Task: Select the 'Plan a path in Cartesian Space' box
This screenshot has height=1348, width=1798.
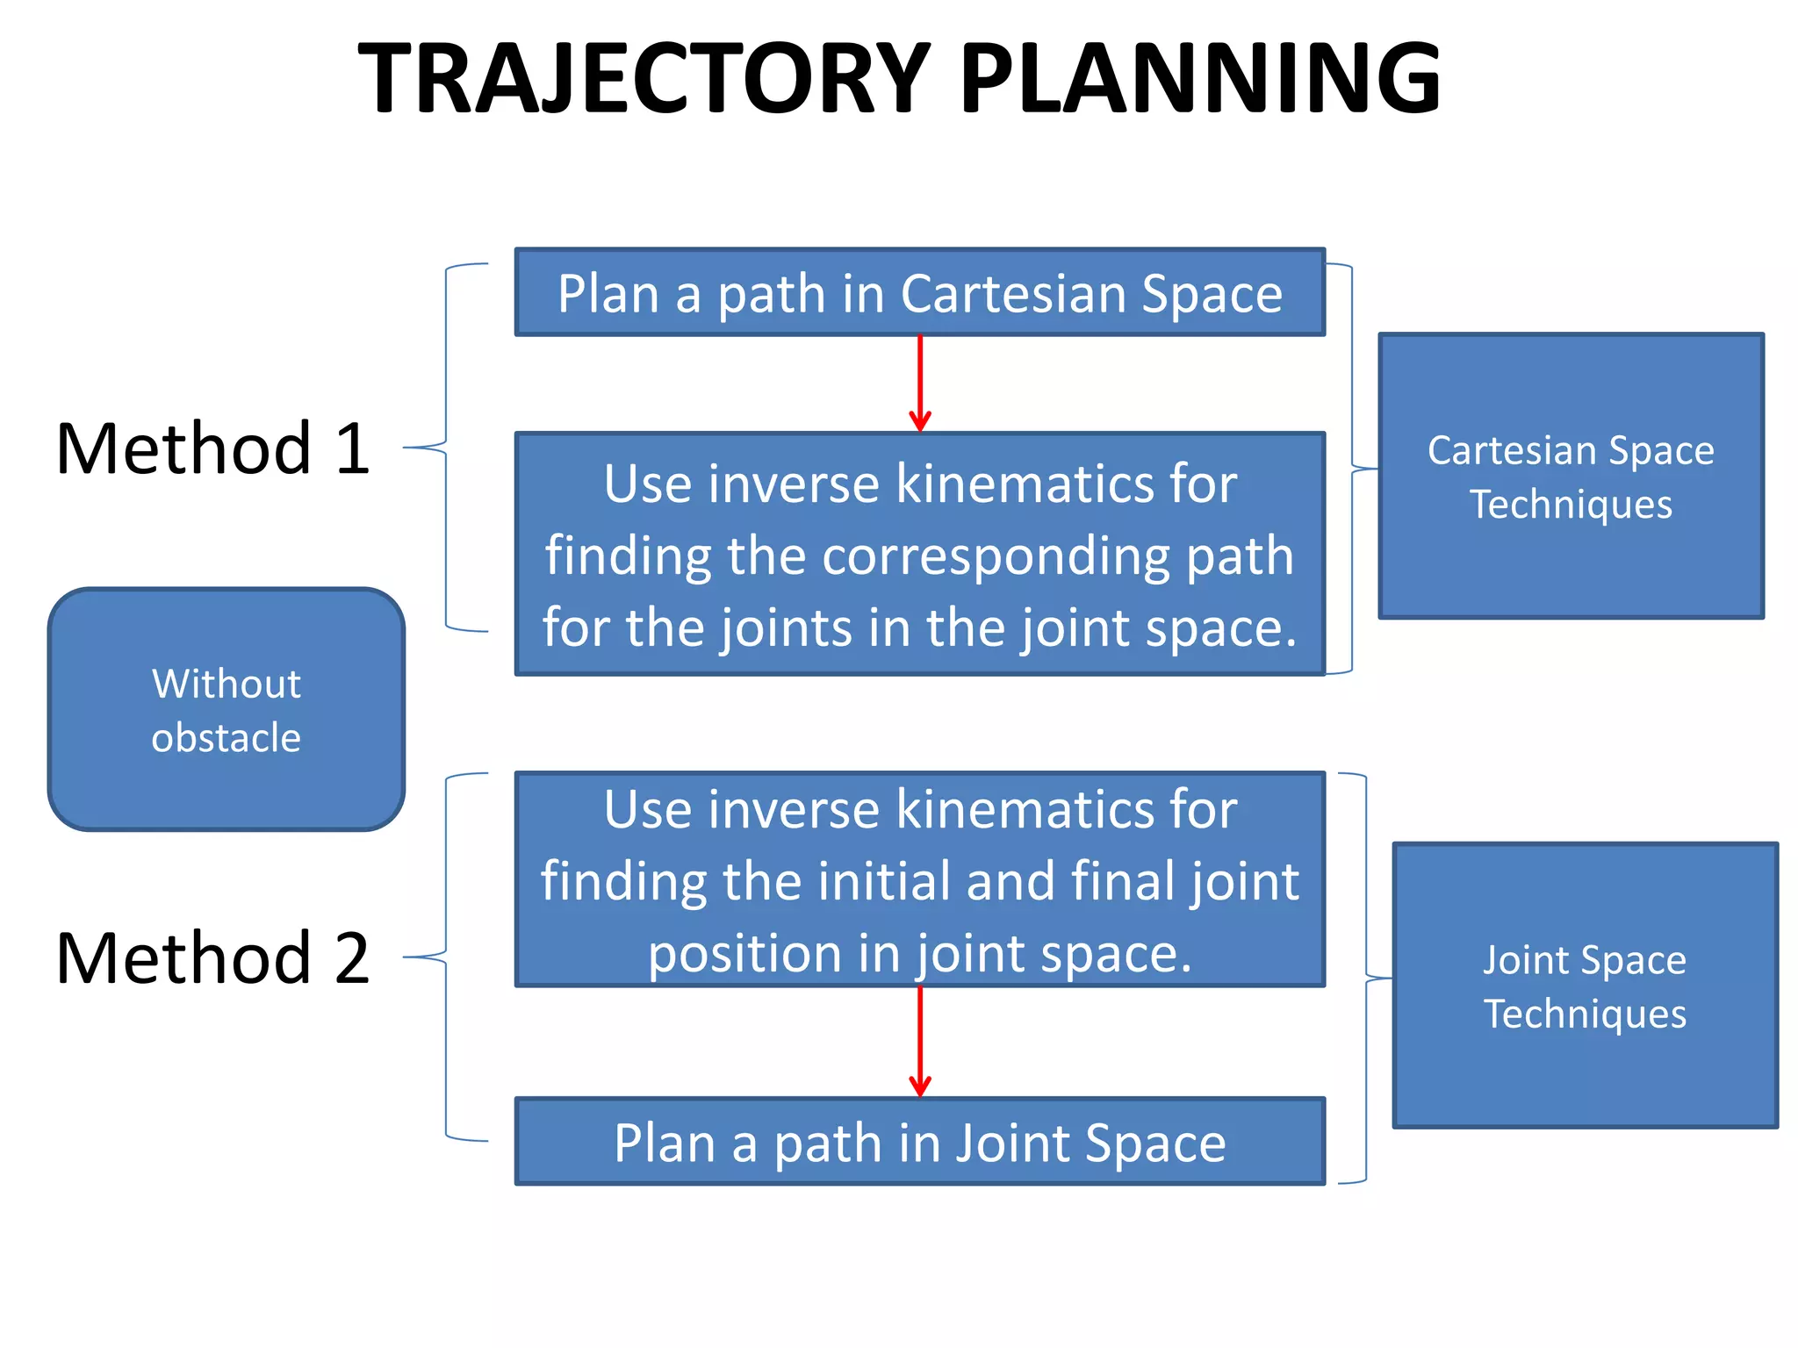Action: click(x=919, y=292)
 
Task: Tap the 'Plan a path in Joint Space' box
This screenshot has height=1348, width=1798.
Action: click(x=919, y=1142)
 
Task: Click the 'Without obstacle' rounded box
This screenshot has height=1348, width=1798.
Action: click(x=227, y=709)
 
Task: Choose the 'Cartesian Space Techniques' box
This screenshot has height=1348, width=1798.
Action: click(x=1571, y=477)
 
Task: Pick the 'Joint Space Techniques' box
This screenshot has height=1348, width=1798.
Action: click(x=1585, y=986)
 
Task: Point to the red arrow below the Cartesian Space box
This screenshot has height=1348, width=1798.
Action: click(x=920, y=384)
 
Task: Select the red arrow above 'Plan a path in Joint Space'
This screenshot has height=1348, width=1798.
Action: click(x=920, y=1042)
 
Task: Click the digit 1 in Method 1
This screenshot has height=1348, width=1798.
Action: click(x=352, y=448)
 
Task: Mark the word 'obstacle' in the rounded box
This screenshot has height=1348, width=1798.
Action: click(x=227, y=737)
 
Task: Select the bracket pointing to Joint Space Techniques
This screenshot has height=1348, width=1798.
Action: click(x=1368, y=977)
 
